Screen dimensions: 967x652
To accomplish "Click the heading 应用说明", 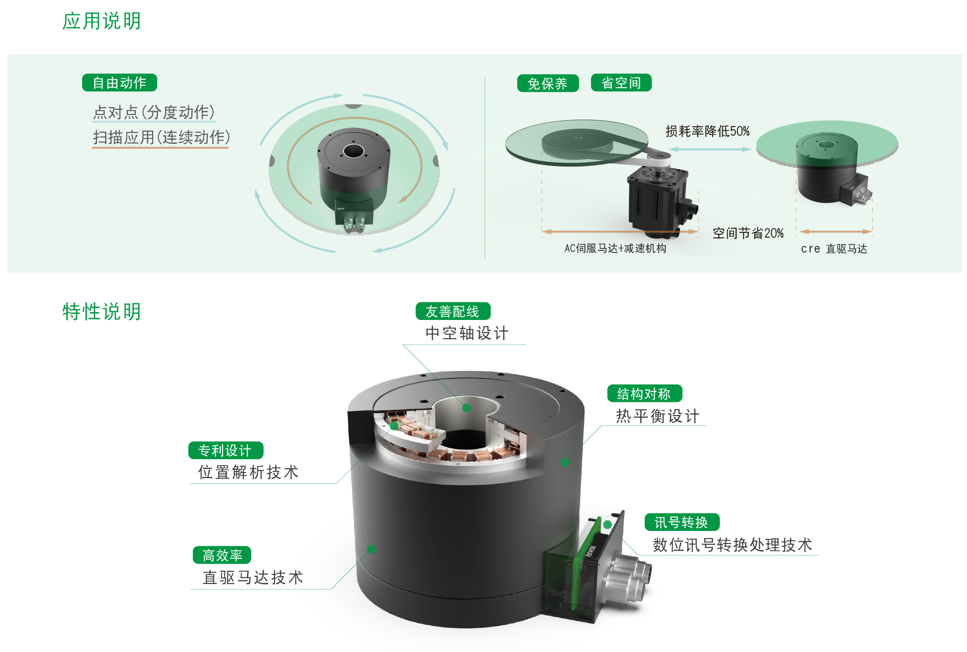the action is point(102,21).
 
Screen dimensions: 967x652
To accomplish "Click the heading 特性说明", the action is point(102,312).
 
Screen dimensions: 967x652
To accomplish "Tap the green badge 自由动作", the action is point(120,83).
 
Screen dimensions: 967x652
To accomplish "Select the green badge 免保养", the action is point(548,83).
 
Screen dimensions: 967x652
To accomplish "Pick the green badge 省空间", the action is point(621,83).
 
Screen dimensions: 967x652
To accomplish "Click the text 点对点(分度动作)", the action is point(154,112).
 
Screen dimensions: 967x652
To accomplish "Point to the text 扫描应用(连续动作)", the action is point(161,137).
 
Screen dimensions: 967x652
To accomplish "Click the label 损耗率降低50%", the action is point(707,131).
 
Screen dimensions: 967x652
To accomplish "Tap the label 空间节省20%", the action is point(748,233).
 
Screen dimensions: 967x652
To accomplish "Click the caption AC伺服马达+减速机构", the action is point(615,249).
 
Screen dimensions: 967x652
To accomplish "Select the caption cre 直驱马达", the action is point(834,249).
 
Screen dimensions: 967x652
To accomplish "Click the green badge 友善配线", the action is point(453,311).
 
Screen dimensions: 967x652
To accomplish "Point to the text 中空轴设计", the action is point(467,333).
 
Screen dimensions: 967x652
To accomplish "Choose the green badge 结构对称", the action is point(644,394).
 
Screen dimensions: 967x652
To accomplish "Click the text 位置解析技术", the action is point(248,473).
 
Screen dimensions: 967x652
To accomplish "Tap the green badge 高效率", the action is point(222,555).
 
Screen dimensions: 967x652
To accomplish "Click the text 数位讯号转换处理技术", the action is point(732,545).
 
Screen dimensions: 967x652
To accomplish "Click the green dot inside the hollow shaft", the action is point(467,408).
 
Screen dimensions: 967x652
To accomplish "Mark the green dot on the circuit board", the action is point(607,525).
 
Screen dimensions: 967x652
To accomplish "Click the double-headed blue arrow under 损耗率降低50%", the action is point(710,149).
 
